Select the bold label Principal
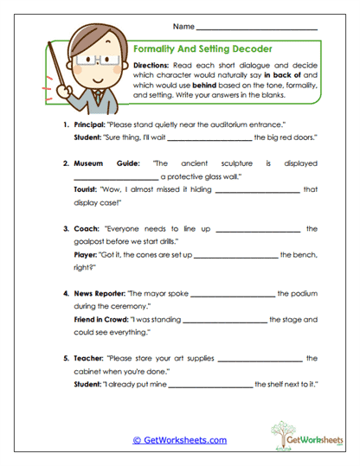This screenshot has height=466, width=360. [93, 125]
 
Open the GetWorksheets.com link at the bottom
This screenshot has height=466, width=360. [180, 440]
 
